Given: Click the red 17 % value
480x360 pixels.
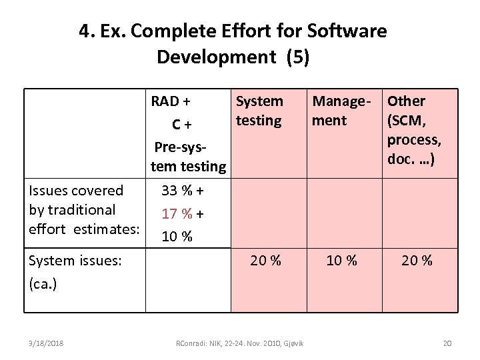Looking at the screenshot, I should point(177,215).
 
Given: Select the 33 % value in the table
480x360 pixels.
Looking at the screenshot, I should point(178,191).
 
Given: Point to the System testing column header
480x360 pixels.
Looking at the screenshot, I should point(259,111).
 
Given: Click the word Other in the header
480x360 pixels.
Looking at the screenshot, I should point(406,101).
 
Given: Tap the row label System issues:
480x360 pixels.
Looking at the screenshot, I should point(75,261).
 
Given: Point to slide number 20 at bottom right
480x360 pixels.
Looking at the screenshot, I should point(447,343).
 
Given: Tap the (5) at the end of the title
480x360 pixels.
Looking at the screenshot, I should point(297,57).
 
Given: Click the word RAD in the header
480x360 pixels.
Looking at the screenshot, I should point(165,101).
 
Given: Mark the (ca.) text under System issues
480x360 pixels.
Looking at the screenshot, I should point(43,283).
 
